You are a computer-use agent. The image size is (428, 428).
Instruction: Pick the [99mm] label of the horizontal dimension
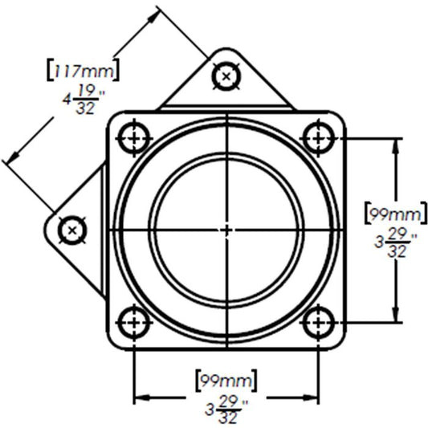(225, 376)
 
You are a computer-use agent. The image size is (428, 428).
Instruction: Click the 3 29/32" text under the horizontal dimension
(226, 409)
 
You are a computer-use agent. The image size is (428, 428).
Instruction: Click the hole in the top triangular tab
(226, 76)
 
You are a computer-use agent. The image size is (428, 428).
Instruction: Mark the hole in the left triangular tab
(73, 230)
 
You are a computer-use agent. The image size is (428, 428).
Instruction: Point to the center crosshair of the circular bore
(226, 230)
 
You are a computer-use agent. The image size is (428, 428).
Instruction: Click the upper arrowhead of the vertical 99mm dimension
(395, 144)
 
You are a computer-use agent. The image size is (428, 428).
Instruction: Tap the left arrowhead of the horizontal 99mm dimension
(141, 397)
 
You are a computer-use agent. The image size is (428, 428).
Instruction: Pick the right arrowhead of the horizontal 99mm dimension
(312, 397)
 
